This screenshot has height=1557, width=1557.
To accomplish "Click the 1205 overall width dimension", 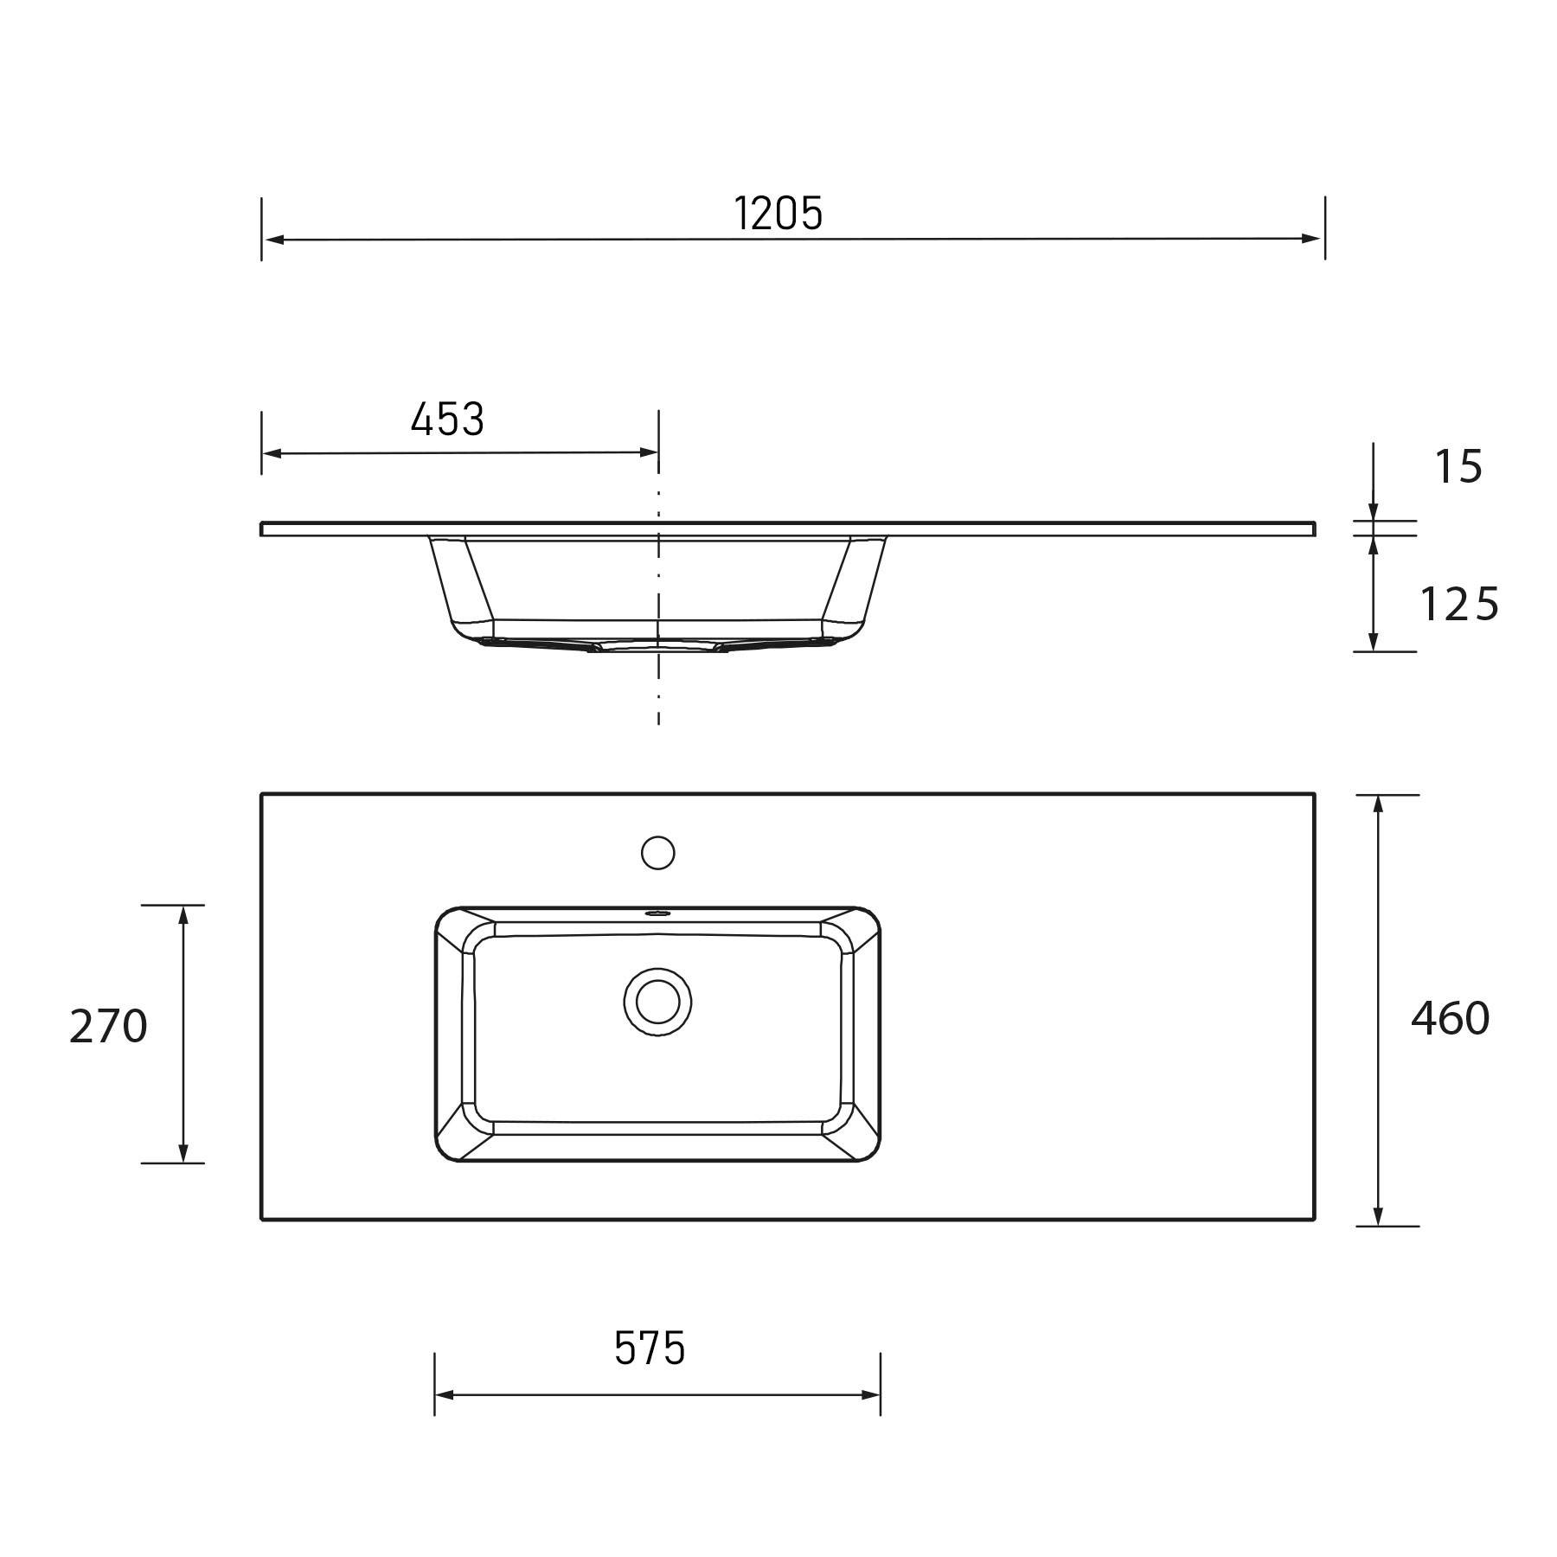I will [x=778, y=214].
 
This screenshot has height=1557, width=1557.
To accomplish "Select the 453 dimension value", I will [x=447, y=420].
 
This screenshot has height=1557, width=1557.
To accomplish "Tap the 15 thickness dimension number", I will [x=1458, y=467].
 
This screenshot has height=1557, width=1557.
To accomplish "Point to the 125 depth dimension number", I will [x=1458, y=605].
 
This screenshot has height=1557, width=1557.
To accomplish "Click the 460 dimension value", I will [x=1450, y=1019].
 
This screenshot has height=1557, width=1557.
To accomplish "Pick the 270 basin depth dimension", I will [x=108, y=1028].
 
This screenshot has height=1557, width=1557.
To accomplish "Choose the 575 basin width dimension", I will [x=650, y=1349].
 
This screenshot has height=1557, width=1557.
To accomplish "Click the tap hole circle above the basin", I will [x=657, y=853].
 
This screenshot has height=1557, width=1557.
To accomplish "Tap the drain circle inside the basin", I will [x=657, y=1002].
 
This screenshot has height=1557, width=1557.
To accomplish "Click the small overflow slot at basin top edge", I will [x=657, y=913].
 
